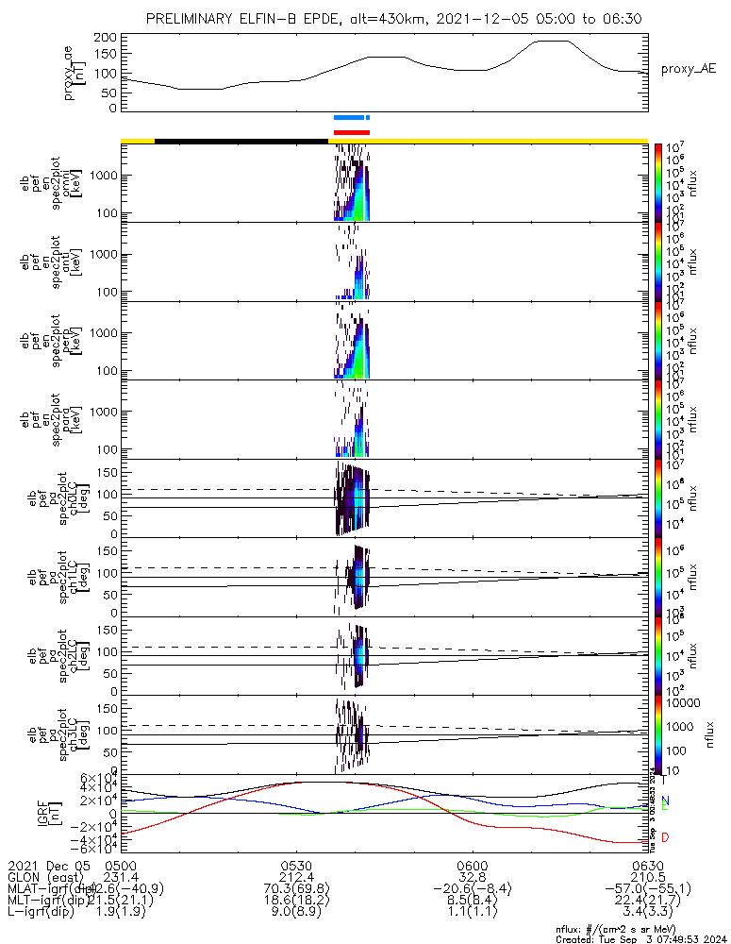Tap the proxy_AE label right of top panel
[687, 70]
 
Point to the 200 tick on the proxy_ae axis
[106, 37]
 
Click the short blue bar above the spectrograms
[351, 118]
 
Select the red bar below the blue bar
[352, 132]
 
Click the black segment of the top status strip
[241, 141]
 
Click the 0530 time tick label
[296, 864]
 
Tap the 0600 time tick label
[472, 864]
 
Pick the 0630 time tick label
[646, 864]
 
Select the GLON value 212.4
[296, 876]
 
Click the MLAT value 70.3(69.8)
[296, 888]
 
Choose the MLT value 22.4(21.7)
[646, 901]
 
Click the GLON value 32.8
[472, 876]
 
